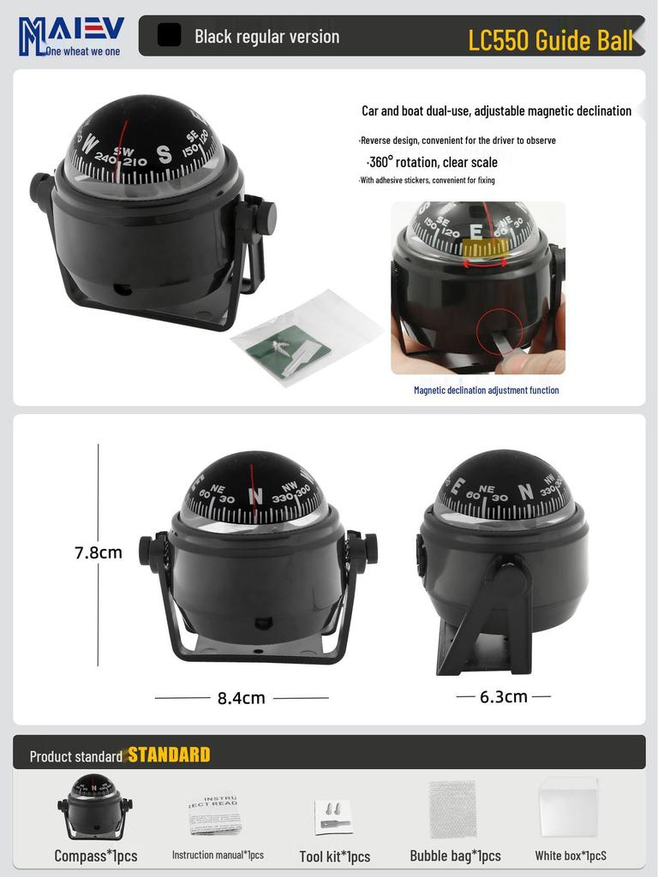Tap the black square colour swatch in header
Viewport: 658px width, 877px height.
[x=170, y=35]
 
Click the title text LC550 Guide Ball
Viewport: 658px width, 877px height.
[x=550, y=39]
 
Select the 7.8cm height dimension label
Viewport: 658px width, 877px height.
[x=99, y=552]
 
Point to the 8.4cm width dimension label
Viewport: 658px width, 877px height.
[x=241, y=698]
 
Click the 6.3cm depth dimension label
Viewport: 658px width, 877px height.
[x=503, y=696]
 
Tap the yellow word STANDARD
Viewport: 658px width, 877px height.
[x=169, y=755]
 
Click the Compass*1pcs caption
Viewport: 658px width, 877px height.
[x=95, y=855]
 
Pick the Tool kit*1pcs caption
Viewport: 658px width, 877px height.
[x=334, y=856]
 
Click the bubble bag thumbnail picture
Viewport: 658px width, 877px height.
[x=452, y=808]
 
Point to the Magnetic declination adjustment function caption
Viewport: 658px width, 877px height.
[x=486, y=390]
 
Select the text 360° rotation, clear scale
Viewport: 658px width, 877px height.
[x=432, y=162]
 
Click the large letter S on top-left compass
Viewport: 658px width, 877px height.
[x=164, y=155]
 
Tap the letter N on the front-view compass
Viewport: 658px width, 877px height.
[x=255, y=495]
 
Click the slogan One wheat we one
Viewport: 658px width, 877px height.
[x=83, y=51]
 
